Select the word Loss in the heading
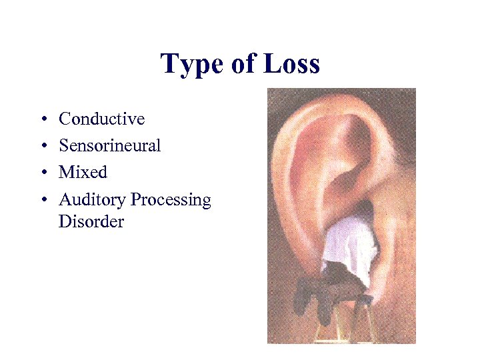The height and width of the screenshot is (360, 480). click(291, 65)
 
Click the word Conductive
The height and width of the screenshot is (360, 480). click(101, 119)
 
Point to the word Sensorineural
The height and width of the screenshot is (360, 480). click(109, 145)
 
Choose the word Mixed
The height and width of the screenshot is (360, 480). click(83, 172)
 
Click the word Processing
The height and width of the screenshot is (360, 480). click(171, 200)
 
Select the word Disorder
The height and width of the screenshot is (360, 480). click(91, 221)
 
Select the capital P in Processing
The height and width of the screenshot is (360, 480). click(136, 199)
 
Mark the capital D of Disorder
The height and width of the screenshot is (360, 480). click(65, 221)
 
